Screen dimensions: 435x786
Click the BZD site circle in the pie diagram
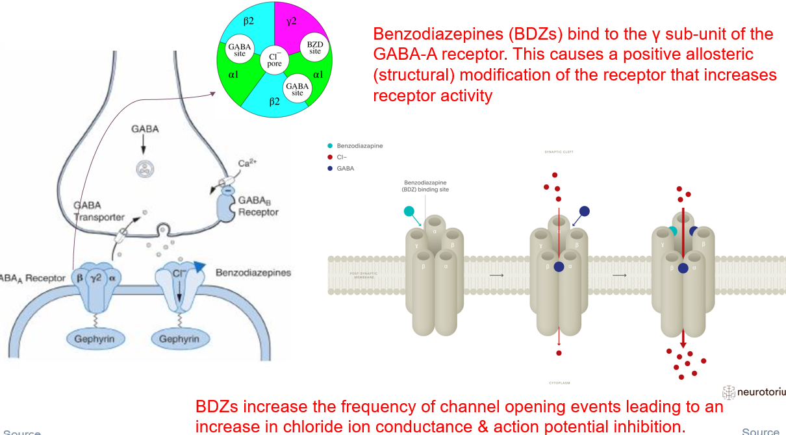tap(314, 47)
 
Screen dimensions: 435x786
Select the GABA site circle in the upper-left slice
tap(240, 49)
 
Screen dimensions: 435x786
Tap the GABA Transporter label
tap(99, 210)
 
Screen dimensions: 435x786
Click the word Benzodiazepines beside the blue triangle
tap(253, 273)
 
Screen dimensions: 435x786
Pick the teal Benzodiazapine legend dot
tap(333, 146)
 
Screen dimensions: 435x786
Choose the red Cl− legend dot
tap(333, 157)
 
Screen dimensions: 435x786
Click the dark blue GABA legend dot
tap(333, 168)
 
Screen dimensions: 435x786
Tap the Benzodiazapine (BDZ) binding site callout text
tap(426, 186)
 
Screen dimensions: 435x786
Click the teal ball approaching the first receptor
tap(409, 211)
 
